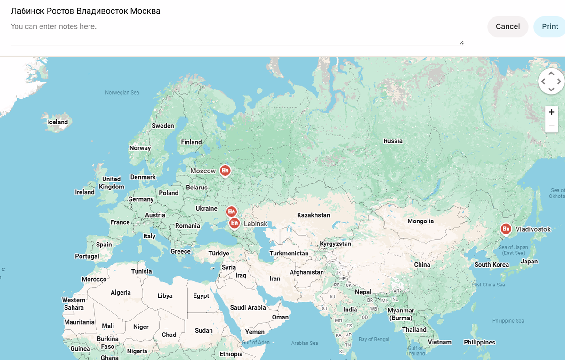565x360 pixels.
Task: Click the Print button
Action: click(x=549, y=26)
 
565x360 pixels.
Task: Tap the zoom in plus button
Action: click(x=551, y=112)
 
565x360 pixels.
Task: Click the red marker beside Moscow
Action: click(x=226, y=170)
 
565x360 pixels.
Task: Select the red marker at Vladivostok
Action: click(x=506, y=229)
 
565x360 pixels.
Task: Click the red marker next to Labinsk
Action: click(x=234, y=223)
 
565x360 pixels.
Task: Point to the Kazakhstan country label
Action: click(x=314, y=215)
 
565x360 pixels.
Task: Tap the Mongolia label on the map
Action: click(x=420, y=221)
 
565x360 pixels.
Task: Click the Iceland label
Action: click(x=57, y=122)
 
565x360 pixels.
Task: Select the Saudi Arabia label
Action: click(x=248, y=307)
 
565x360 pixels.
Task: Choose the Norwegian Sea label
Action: click(x=122, y=93)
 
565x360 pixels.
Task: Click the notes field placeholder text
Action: click(x=54, y=26)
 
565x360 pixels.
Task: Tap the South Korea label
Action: click(x=492, y=264)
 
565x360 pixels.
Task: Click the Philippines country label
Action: click(x=479, y=342)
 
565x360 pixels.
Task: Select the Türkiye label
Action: click(x=218, y=253)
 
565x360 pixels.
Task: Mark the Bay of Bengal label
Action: click(x=374, y=339)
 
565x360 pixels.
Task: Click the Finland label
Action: click(x=191, y=142)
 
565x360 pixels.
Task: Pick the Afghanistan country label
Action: click(x=307, y=272)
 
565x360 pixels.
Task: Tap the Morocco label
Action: click(x=94, y=279)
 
